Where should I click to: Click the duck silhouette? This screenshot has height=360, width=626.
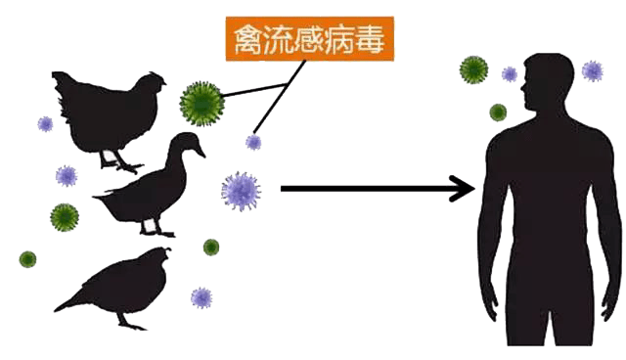147,191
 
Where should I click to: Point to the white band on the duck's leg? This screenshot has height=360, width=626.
151,226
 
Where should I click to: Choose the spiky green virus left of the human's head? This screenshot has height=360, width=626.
473,69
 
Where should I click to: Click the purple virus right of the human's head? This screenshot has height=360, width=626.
592,70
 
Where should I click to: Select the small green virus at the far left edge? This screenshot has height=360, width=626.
27,259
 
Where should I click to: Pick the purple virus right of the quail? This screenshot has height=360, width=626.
201,296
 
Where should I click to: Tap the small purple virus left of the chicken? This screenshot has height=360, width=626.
45,124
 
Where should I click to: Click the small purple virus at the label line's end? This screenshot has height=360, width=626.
253,143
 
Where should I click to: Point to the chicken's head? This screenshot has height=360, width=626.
151,81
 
